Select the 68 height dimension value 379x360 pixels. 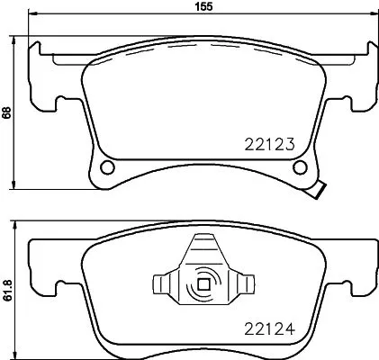(x=6, y=113)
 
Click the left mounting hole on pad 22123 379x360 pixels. (x=108, y=167)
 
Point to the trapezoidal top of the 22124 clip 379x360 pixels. (x=203, y=247)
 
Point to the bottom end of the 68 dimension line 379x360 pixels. (x=19, y=188)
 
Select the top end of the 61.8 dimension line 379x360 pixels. (x=19, y=220)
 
